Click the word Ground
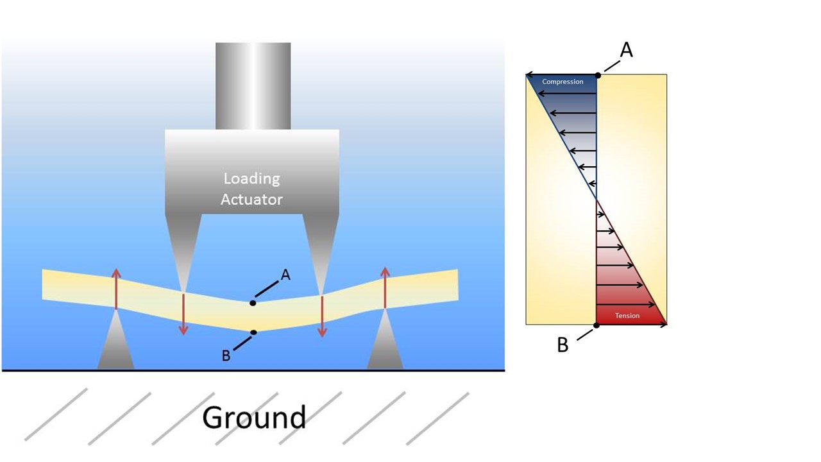coord(254,417)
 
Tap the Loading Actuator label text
coord(251,189)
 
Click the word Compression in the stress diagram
coord(563,82)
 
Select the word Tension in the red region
coord(627,316)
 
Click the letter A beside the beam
coord(285,275)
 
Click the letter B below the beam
coord(226,355)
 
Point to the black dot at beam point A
coord(253,303)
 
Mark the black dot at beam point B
coord(254,332)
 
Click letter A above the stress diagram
coord(626,49)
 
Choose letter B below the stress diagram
coord(563,345)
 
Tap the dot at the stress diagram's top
coord(598,75)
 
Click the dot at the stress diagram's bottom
coord(597,325)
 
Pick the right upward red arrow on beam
coord(385,288)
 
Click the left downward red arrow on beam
coord(183,314)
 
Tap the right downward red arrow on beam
coord(322,316)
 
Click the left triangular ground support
coord(116,343)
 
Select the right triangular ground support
coord(385,343)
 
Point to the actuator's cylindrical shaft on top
coord(253,86)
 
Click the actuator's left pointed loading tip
coord(183,253)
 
